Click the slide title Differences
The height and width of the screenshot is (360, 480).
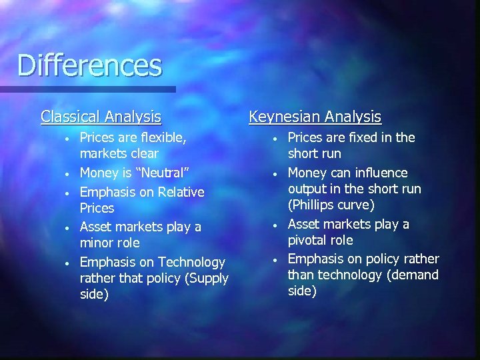pos(89,65)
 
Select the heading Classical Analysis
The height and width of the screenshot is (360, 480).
pos(101,117)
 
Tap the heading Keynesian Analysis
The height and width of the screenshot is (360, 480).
pos(315,117)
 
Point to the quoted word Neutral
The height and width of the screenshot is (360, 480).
pos(163,173)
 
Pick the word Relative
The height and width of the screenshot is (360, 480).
pos(181,192)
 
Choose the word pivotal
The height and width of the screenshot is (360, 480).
pos(307,240)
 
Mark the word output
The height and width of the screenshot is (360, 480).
pos(307,189)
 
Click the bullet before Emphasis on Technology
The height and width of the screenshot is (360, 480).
pos(67,263)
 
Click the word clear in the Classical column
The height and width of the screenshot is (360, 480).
pos(142,154)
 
